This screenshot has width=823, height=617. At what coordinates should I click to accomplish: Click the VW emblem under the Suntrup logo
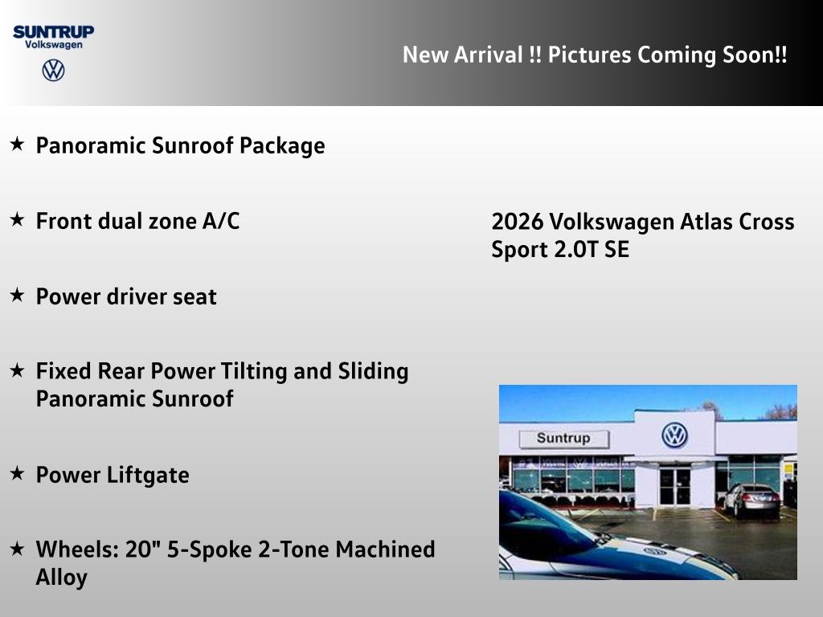coord(53,71)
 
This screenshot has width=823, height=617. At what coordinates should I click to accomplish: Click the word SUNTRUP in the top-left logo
coord(53,32)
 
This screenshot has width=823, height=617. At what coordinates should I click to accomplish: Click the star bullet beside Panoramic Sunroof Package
coord(17,145)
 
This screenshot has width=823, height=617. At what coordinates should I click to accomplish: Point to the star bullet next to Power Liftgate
coord(17,474)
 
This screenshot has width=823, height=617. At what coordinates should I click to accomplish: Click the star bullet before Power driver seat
coord(17,296)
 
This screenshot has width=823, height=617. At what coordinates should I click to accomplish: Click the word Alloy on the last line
coord(61,577)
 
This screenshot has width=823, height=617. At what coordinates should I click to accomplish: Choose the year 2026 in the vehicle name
coord(517,222)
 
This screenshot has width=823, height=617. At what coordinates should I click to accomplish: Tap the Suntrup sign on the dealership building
coord(563,439)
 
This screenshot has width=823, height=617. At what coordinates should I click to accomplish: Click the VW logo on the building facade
coord(674,435)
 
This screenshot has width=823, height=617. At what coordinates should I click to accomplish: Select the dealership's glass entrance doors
coord(674,486)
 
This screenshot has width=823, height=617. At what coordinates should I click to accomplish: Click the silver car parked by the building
coord(751,500)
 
